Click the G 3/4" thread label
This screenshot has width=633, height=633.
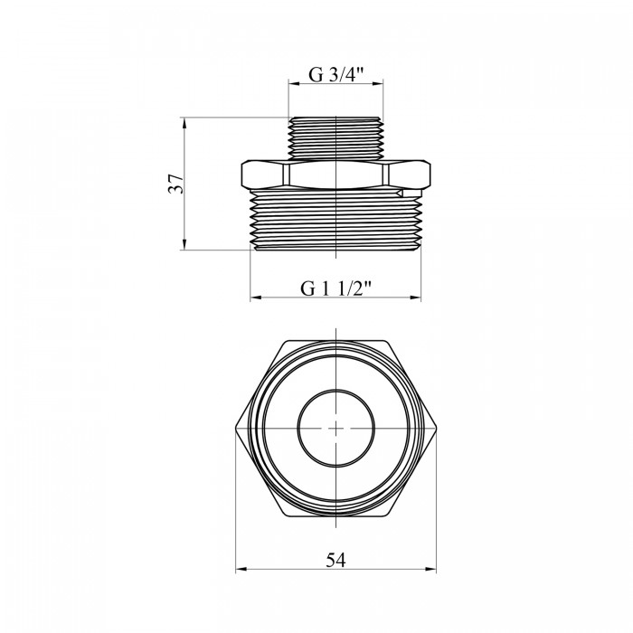[336, 75]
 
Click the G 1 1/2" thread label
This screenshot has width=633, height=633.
[335, 288]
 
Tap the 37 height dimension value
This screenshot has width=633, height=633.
[176, 184]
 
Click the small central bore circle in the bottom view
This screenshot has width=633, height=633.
[335, 428]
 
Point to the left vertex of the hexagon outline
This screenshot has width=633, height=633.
[236, 429]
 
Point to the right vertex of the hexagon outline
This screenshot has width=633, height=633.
[437, 429]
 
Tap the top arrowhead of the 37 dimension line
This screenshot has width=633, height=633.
[184, 123]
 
